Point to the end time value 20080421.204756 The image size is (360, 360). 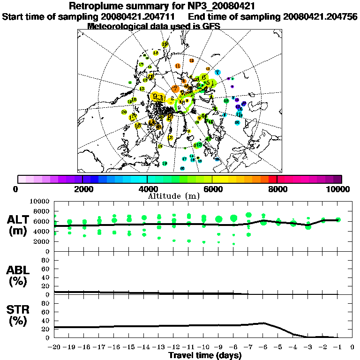click(x=320, y=16)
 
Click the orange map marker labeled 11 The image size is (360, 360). click(x=178, y=66)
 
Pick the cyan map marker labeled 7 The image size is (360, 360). click(x=217, y=72)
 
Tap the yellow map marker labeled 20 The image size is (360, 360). click(x=124, y=112)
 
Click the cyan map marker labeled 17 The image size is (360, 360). click(x=184, y=159)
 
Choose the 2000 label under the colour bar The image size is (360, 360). click(x=82, y=189)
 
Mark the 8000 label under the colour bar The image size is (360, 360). click(x=277, y=189)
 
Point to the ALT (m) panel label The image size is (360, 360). click(x=19, y=225)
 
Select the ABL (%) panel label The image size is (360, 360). click(x=19, y=276)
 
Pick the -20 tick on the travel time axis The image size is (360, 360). click(x=54, y=347)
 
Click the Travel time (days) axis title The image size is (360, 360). click(x=205, y=356)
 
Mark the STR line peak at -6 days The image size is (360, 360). click(x=263, y=323)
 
